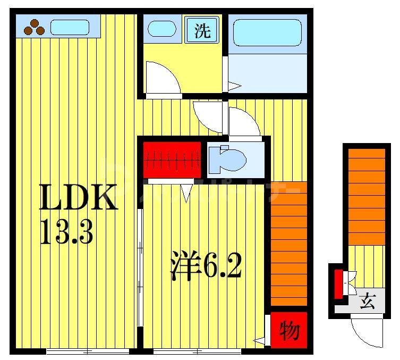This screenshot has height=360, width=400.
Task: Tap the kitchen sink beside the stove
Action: click(70, 27)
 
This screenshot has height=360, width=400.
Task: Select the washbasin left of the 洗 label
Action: click(161, 29)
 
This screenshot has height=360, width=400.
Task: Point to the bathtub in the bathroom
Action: click(268, 32)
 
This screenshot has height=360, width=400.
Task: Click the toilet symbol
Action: click(227, 159)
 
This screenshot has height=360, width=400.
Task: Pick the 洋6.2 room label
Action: click(206, 266)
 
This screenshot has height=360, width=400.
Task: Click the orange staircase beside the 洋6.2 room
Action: click(288, 244)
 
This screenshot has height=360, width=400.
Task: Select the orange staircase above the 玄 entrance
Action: click(367, 197)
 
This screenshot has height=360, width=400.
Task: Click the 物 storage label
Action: click(289, 331)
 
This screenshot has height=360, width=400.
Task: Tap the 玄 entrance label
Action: click(367, 302)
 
